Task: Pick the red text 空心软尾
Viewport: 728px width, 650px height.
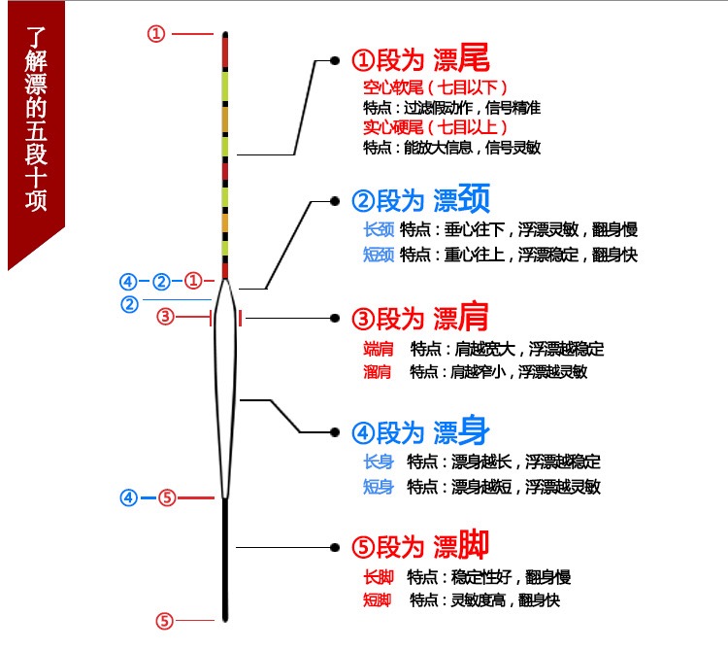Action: [x=388, y=87]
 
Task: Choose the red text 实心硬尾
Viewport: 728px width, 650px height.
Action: [x=388, y=127]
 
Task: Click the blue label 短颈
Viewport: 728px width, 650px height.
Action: [x=377, y=255]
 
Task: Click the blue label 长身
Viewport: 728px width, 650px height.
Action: [x=377, y=462]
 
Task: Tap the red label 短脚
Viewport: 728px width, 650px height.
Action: [x=377, y=600]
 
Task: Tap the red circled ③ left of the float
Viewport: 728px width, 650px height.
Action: [x=166, y=316]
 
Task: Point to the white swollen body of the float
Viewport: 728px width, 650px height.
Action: [x=225, y=389]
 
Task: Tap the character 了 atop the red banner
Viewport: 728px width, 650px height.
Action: [x=36, y=42]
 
